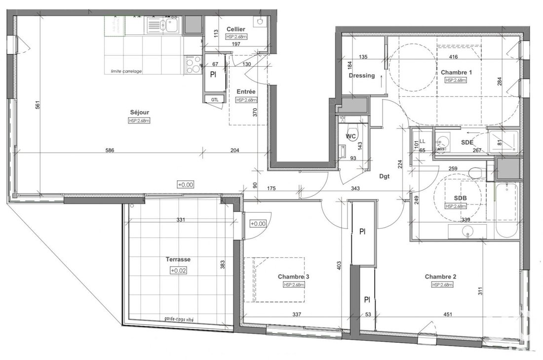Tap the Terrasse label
[x=177, y=259]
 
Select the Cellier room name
[x=236, y=30]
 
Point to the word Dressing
[x=362, y=76]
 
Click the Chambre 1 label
[x=457, y=72]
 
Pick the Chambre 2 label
[x=440, y=277]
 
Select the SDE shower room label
[x=467, y=142]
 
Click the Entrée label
[x=246, y=91]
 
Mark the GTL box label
[x=214, y=99]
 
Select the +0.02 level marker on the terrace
[x=177, y=271]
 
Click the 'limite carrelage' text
[x=123, y=71]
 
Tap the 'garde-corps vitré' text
[x=179, y=320]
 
